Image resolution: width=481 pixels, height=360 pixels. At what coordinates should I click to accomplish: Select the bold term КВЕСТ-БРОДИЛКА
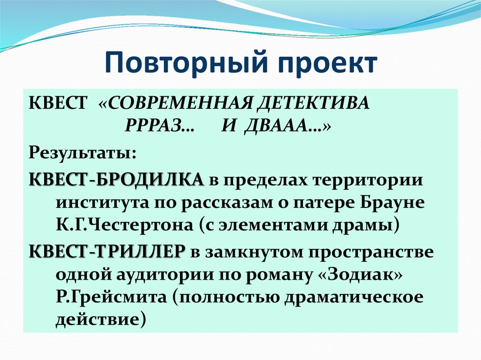click(116, 179)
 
